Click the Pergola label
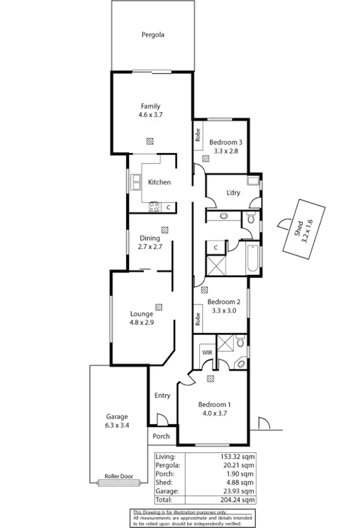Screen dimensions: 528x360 (153, 35)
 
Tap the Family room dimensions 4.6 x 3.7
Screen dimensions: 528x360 (150, 115)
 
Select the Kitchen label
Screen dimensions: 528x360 (159, 182)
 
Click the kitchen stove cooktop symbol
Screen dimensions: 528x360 (155, 207)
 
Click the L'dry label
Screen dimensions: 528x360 (233, 193)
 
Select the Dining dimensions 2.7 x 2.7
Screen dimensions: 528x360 (150, 247)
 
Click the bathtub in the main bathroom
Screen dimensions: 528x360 (253, 259)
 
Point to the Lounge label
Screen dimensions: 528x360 (142, 314)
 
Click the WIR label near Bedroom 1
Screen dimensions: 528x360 (207, 352)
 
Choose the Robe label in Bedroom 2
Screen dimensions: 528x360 (197, 319)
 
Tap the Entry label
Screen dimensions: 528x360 (162, 396)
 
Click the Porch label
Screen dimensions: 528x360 (161, 436)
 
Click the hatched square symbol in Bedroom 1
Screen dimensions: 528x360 (211, 379)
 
